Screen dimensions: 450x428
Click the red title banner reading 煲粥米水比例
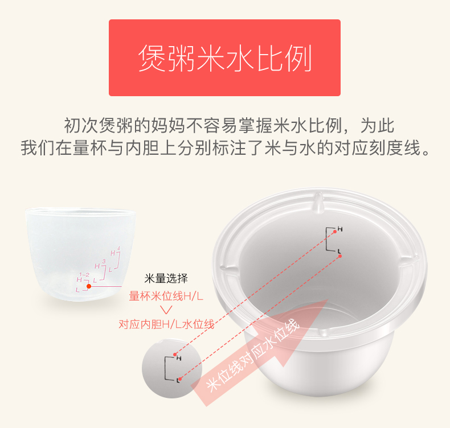tap(224, 57)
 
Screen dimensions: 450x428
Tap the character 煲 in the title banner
tap(153, 58)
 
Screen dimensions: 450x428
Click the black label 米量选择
tap(166, 278)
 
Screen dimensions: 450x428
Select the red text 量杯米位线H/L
tap(166, 296)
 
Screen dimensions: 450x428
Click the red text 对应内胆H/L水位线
tap(166, 324)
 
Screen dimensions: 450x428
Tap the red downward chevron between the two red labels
tap(166, 310)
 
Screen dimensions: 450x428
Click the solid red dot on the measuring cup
tap(89, 286)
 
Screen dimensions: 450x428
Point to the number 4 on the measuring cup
tap(119, 248)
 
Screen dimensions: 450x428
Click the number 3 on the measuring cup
tap(104, 261)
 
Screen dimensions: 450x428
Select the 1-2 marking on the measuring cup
tap(84, 275)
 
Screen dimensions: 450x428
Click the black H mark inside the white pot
tap(340, 229)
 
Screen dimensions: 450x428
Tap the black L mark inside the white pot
tap(339, 252)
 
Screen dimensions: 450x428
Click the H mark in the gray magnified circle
tap(179, 359)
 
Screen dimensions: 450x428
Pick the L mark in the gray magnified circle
tap(178, 381)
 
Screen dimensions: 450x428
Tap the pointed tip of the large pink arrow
tap(328, 300)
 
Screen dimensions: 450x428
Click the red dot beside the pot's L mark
tap(340, 256)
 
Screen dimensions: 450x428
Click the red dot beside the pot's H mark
tap(335, 232)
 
